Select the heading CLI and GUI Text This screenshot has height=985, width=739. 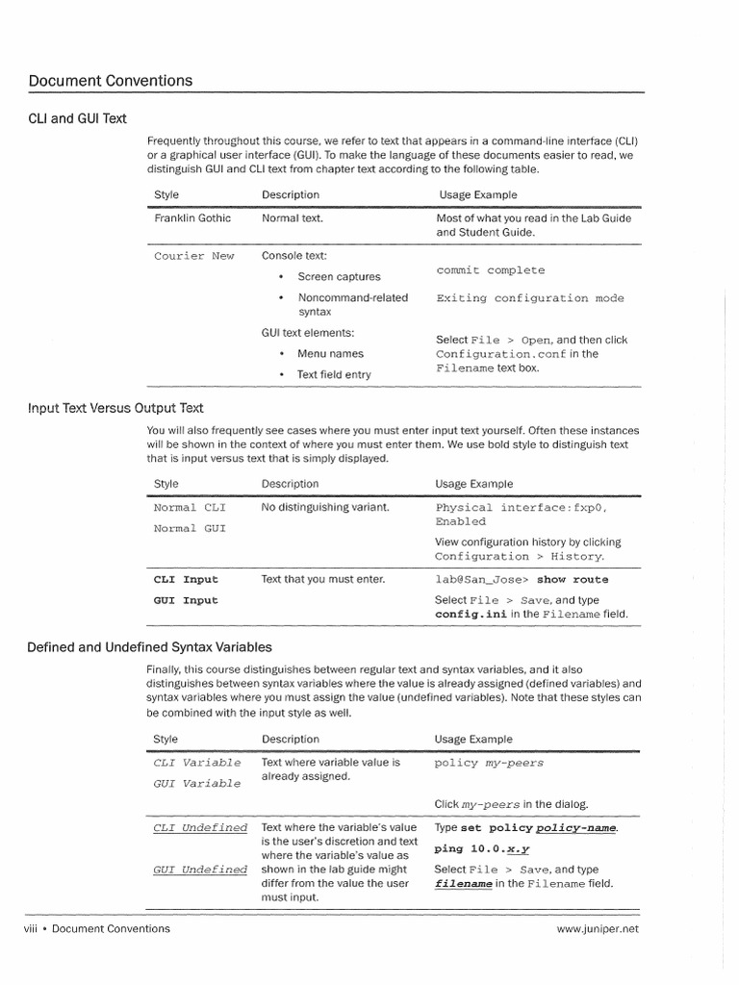point(77,118)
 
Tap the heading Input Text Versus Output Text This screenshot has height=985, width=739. point(115,408)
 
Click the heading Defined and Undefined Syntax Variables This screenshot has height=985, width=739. point(149,647)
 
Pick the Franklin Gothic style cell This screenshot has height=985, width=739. point(192,218)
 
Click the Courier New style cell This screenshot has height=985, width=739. point(193,256)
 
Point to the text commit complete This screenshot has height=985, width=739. point(490,270)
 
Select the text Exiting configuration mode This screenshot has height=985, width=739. point(529,298)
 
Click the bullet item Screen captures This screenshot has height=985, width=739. point(339,277)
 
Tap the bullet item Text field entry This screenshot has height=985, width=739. point(333,375)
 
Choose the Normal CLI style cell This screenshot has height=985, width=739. point(189,507)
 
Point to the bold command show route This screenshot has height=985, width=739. point(573,580)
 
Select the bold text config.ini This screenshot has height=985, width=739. point(471,614)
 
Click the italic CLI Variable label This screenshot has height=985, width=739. point(197,763)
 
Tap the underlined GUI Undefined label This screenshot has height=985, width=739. point(200,870)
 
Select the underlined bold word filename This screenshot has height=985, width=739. point(464,883)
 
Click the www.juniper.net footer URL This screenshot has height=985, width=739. point(597,929)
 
